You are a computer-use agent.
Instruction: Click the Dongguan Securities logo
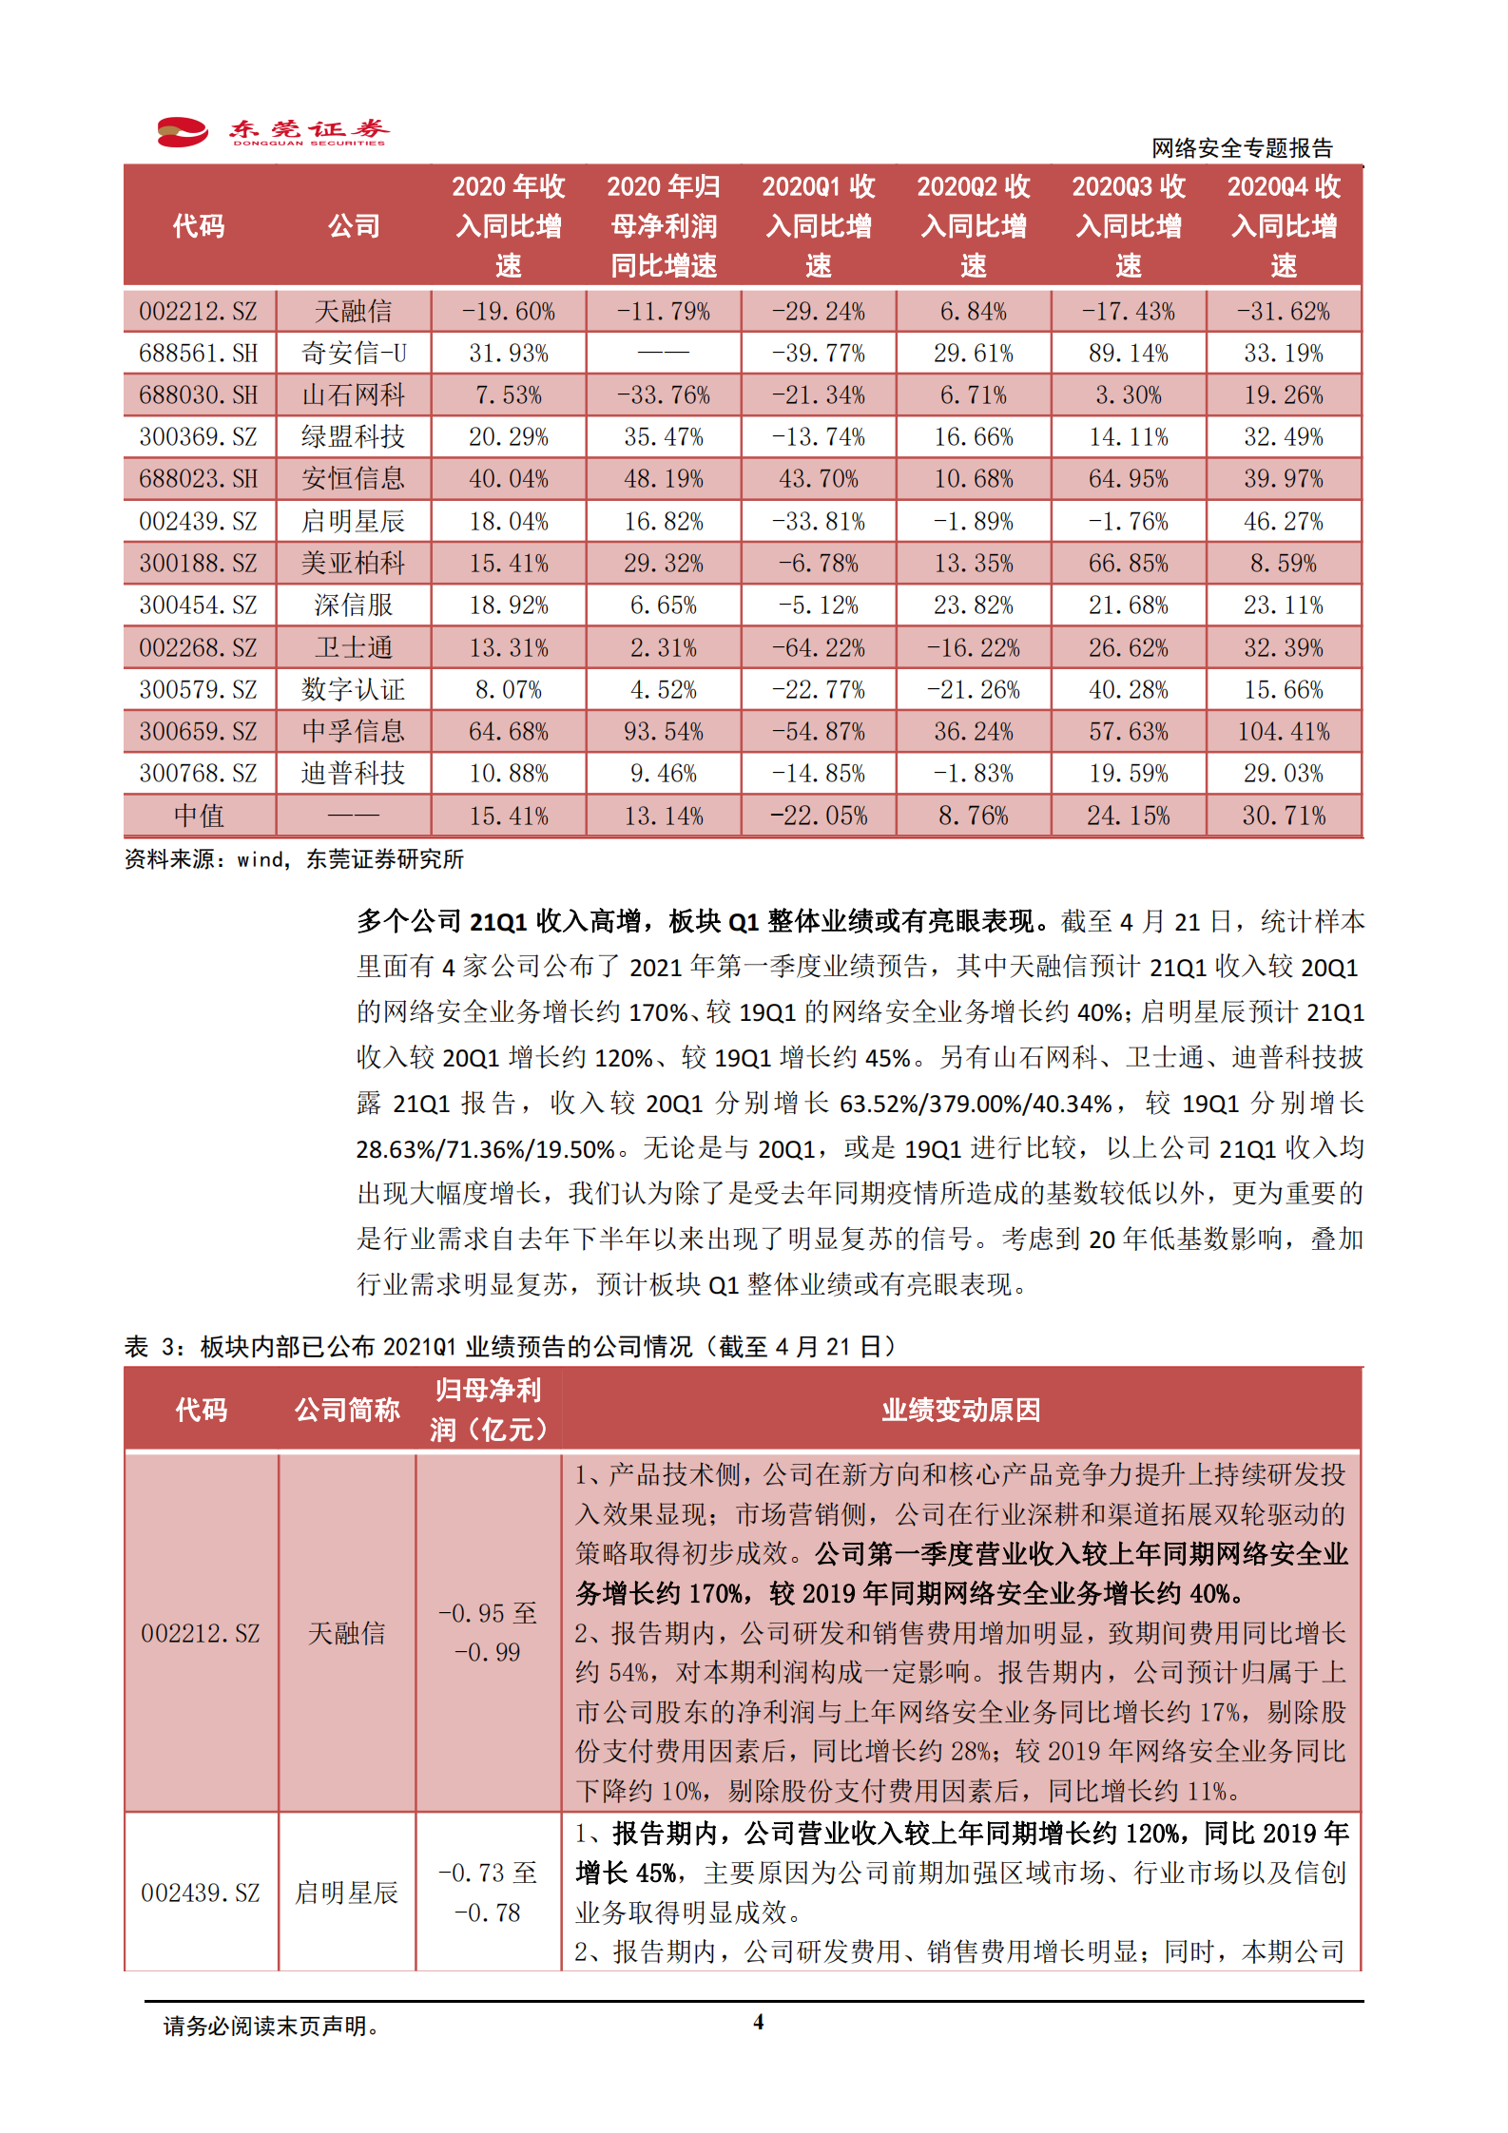273,131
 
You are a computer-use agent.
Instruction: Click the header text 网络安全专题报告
1242,148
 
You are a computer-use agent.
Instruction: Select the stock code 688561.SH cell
199,354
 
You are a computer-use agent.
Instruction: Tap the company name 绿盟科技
353,437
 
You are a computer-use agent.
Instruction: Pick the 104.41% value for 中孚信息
1284,732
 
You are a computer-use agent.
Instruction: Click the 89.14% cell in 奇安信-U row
1128,354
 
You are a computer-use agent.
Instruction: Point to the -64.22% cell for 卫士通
818,648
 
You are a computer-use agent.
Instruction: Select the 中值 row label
199,816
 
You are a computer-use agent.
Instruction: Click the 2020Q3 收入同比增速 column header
1129,226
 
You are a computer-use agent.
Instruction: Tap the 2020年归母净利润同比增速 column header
664,226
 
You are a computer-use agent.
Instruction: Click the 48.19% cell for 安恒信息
664,479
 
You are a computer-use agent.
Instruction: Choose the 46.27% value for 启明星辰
1284,522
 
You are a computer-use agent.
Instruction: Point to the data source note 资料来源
294,860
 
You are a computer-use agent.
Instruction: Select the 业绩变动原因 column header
960,1410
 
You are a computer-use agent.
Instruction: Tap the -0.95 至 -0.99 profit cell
488,1632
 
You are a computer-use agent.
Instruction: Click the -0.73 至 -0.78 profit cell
488,1892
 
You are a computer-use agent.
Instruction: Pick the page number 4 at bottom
758,2022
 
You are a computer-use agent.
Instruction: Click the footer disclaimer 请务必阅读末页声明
271,2027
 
